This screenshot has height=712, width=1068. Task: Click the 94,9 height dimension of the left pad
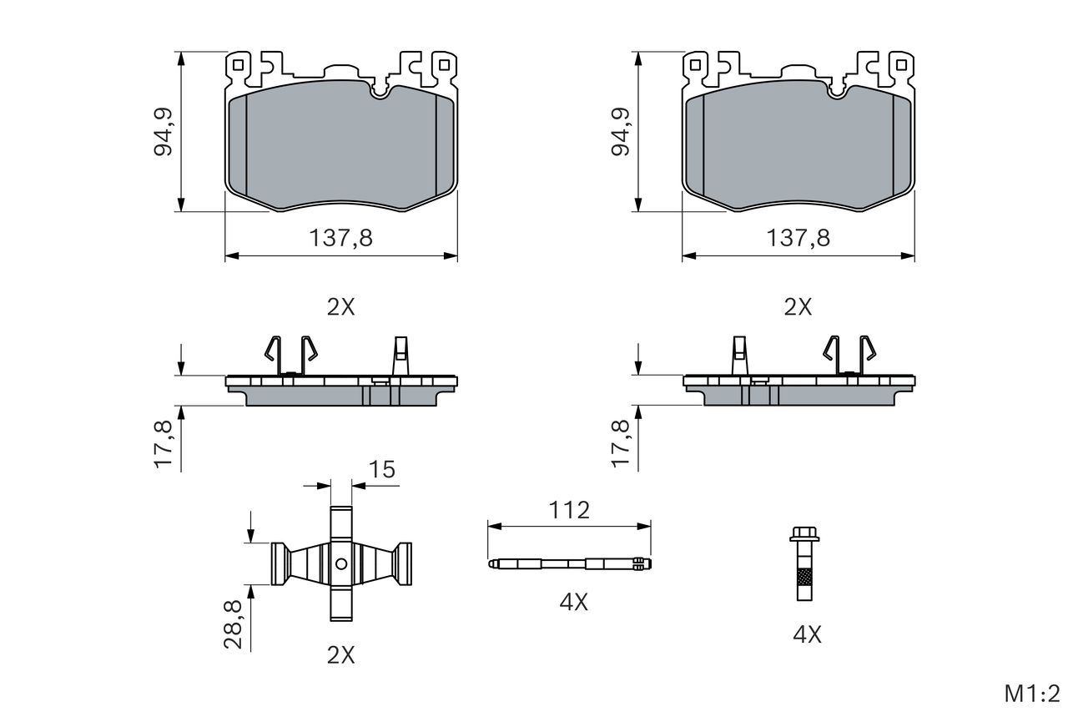163,132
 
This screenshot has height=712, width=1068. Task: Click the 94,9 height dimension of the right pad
621,132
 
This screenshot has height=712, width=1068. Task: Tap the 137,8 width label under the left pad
341,238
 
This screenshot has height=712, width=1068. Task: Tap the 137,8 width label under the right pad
798,238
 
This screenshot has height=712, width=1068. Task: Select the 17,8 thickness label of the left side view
163,444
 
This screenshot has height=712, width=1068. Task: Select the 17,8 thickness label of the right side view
621,444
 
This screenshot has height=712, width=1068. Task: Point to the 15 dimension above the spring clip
382,469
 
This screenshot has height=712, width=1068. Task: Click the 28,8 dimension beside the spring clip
233,624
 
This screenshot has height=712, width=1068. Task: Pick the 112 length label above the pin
569,510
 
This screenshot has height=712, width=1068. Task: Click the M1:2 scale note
1032,694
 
